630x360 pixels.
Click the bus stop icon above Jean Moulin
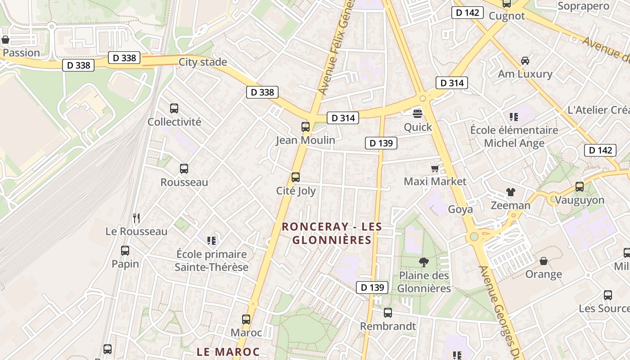(306, 127)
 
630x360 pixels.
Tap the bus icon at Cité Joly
(296, 177)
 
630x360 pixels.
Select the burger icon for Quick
(418, 113)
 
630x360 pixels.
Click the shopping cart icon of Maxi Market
(435, 169)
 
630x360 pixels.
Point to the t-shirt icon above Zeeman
(510, 192)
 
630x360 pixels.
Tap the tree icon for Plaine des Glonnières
(423, 262)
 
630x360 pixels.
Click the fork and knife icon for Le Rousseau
(136, 218)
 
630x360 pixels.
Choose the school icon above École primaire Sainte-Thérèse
(211, 241)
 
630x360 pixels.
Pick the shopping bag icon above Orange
(544, 261)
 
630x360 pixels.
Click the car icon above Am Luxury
(525, 60)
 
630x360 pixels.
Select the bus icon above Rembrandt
(388, 312)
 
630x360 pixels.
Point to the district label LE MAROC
(228, 351)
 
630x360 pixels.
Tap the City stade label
(203, 62)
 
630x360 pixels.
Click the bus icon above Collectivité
(174, 108)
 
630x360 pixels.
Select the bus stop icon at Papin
(125, 251)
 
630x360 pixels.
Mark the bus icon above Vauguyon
(580, 186)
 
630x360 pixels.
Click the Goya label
(460, 209)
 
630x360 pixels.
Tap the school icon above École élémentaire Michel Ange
(514, 117)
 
